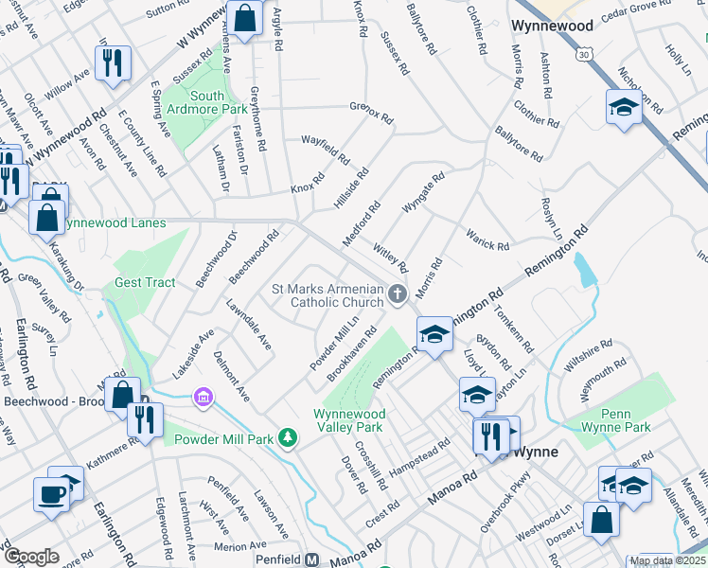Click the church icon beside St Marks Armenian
coord(398,294)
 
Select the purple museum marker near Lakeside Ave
coord(201,396)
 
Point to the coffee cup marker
coord(50,492)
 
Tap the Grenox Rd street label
coord(371,113)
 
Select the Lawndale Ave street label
coord(249,325)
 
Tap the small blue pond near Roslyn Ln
coord(585,270)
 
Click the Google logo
coord(31,557)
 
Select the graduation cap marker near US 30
coord(624,108)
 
